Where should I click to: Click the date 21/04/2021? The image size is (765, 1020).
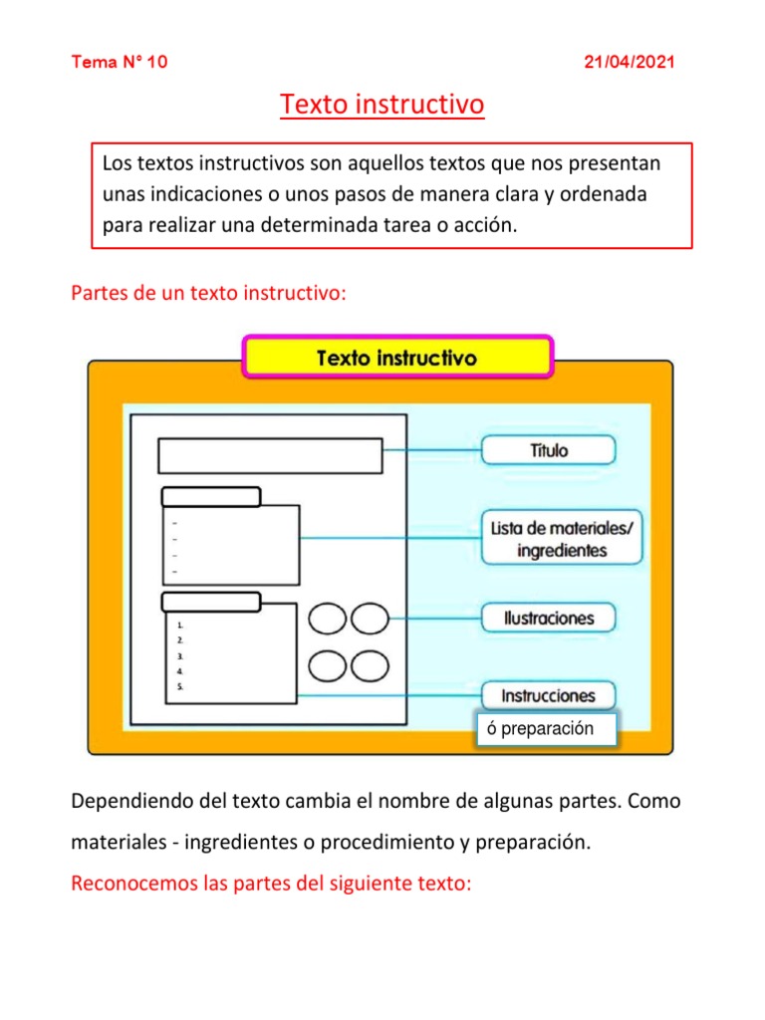[x=629, y=62]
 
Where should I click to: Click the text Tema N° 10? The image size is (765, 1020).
[x=120, y=62]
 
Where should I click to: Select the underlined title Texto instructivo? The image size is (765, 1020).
[x=382, y=104]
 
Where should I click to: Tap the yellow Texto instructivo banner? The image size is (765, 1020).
[x=396, y=357]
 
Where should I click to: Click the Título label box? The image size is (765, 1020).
[x=549, y=449]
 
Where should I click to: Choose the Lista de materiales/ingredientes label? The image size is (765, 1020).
[x=562, y=538]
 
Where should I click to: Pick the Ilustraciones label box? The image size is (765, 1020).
[x=549, y=618]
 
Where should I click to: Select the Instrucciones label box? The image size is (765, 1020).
[x=549, y=695]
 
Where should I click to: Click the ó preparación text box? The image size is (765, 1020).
[x=547, y=728]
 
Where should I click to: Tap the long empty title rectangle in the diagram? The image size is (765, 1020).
[x=270, y=455]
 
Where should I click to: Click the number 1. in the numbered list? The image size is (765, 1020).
[x=179, y=625]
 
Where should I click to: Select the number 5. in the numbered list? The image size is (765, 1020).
[x=179, y=686]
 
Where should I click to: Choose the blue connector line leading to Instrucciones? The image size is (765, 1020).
[x=388, y=695]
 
